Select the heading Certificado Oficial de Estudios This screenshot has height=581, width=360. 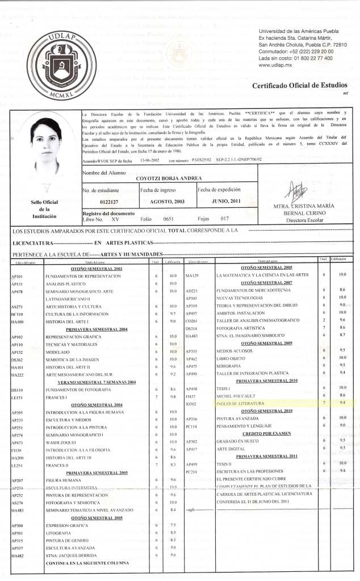click(x=300, y=85)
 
